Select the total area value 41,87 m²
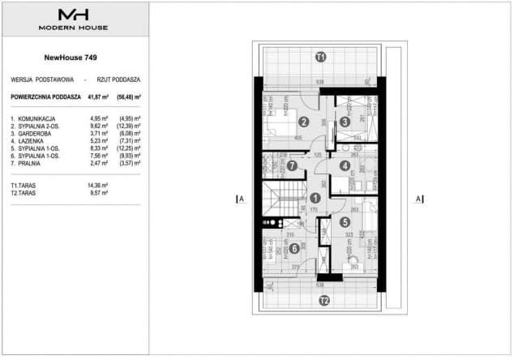(x=98, y=96)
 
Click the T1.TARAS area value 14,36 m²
(x=98, y=186)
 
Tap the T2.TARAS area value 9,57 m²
(x=99, y=194)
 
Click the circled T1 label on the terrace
(x=321, y=58)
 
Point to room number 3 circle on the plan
(x=345, y=122)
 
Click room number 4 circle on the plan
(x=345, y=167)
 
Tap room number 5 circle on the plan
(x=345, y=221)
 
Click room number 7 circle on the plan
(x=292, y=167)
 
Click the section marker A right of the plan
(x=418, y=199)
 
